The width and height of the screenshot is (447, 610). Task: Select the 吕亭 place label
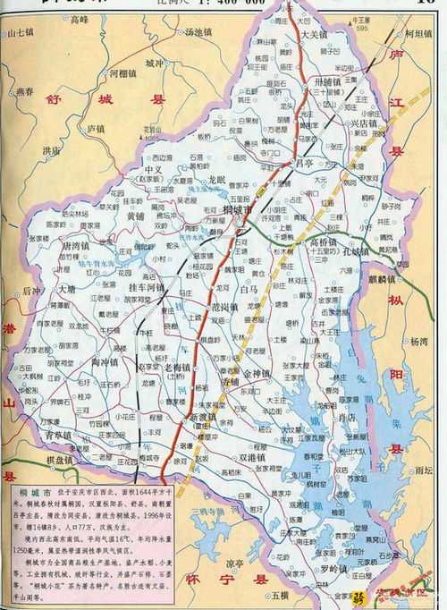point(305,163)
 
